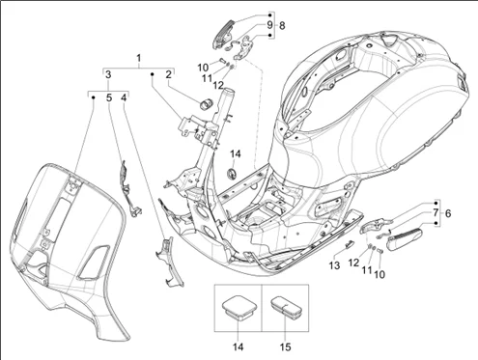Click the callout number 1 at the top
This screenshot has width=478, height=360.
pos(139,58)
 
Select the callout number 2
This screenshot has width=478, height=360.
pos(168,74)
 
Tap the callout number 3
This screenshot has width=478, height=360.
pos(108,74)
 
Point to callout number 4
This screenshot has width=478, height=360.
pos(124,97)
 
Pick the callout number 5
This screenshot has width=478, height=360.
pos(109,97)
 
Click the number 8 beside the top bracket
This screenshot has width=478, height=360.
pos(282,26)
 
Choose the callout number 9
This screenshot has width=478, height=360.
pos(269,25)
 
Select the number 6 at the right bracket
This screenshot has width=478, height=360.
pos(448,213)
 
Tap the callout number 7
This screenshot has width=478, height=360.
pos(436,212)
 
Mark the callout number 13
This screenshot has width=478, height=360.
pos(335,265)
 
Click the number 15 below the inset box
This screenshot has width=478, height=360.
pos(285,347)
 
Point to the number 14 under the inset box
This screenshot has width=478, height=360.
pos(238,347)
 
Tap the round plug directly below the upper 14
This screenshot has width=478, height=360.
pos(232,173)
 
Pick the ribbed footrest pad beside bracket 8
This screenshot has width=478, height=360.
pos(223,34)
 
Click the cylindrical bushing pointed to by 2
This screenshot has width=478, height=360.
pos(206,102)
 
